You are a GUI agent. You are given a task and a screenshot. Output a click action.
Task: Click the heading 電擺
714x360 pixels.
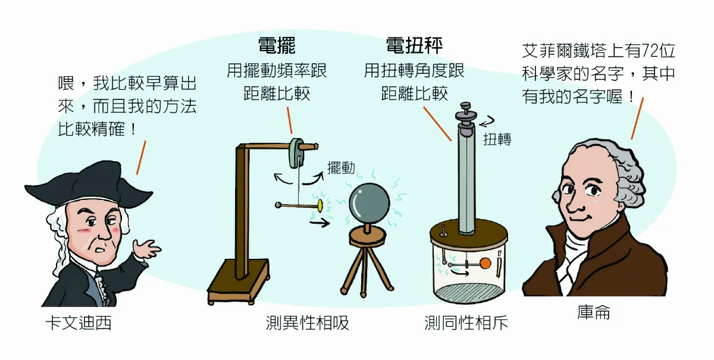(277, 46)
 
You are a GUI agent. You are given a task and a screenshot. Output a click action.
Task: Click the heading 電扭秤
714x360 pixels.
(414, 46)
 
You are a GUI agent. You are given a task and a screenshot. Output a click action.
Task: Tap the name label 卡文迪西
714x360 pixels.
(79, 324)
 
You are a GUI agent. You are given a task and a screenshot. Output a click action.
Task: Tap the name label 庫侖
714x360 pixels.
(593, 312)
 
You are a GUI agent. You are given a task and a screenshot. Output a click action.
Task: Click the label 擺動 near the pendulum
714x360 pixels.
(341, 168)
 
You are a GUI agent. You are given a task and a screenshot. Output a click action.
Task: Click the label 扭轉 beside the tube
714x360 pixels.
(497, 140)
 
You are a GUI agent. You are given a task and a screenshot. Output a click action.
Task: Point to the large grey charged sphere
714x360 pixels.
(368, 203)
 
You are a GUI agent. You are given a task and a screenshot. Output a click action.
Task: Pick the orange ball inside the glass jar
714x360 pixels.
(485, 263)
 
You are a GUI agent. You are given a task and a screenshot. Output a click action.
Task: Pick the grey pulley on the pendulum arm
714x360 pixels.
(296, 153)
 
